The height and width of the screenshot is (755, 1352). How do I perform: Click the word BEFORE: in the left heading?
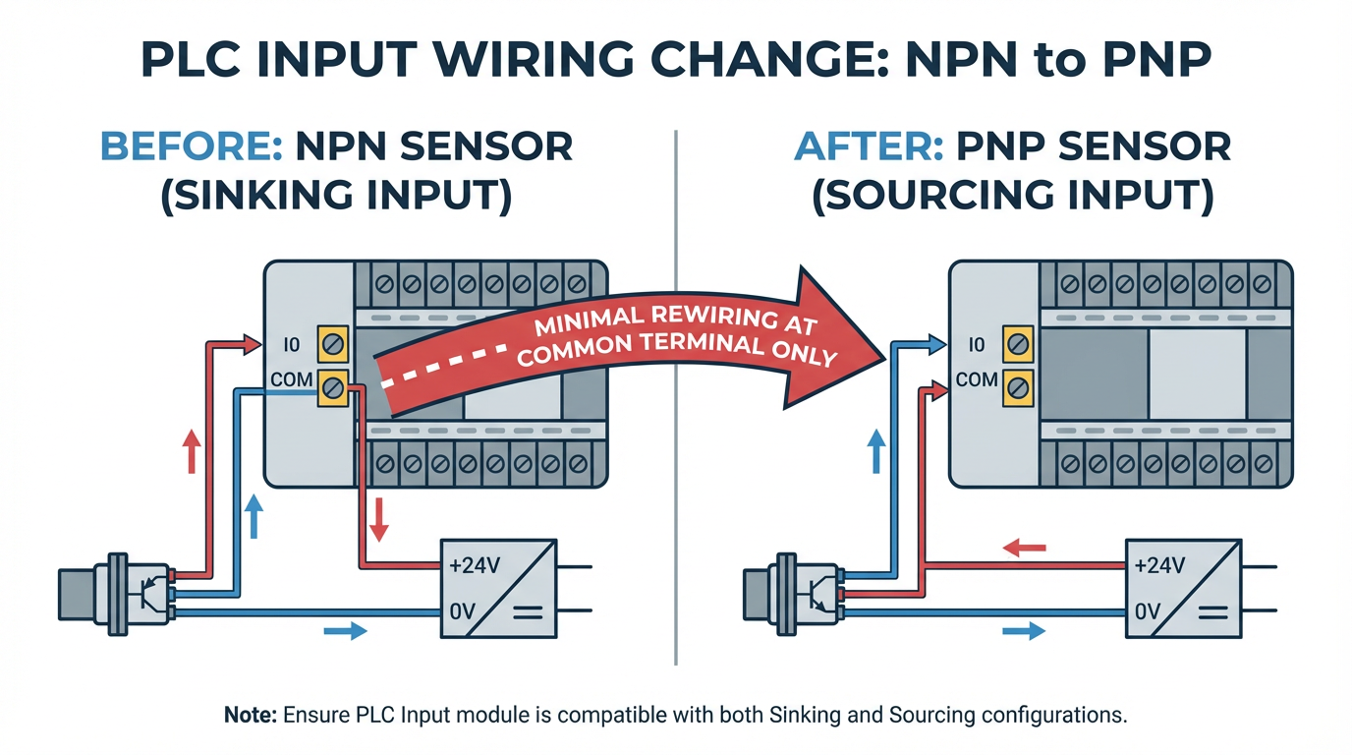coord(191,147)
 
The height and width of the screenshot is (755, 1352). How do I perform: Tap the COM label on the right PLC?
coord(977,379)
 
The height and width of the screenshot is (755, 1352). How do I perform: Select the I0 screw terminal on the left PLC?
coord(332,345)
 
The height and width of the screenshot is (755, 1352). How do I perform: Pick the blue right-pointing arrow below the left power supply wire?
coord(345,630)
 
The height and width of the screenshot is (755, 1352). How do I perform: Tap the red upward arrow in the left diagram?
coord(193,452)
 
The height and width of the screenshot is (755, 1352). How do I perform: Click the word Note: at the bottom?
coord(251,715)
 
